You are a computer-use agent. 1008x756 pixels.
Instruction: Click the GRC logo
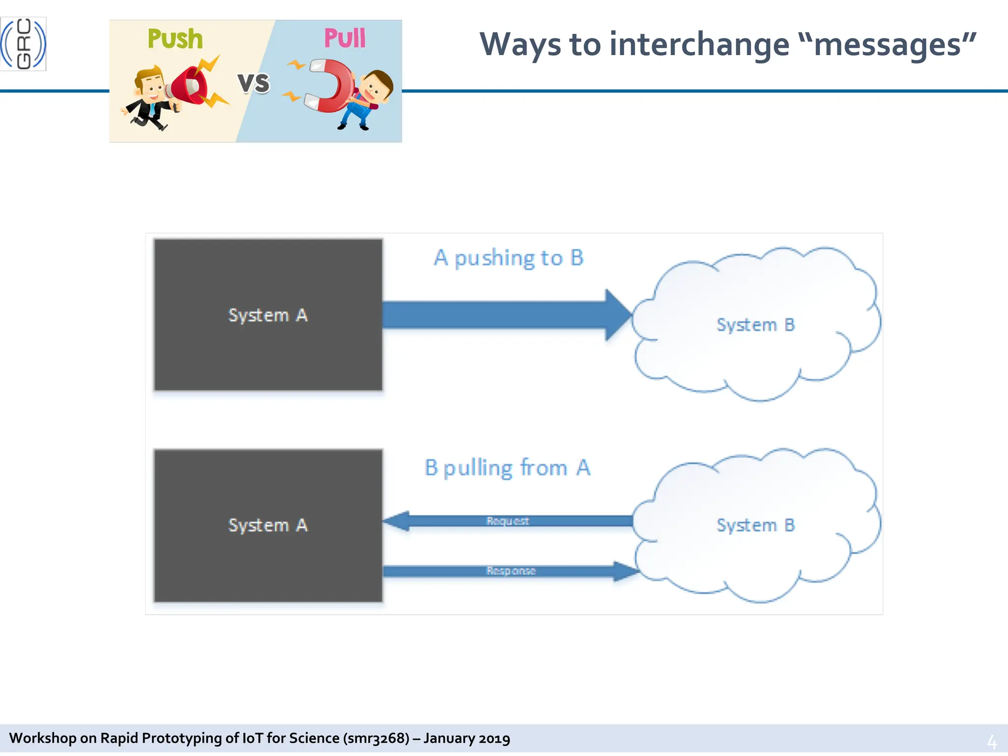click(x=23, y=44)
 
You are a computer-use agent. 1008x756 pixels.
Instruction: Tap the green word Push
click(x=175, y=39)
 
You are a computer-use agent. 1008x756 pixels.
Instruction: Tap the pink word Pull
click(x=345, y=38)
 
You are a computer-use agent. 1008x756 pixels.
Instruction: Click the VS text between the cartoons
click(x=254, y=83)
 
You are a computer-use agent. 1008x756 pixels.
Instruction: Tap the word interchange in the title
click(x=699, y=45)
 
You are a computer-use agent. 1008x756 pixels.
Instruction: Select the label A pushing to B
click(x=509, y=258)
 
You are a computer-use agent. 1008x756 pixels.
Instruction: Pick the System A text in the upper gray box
click(x=268, y=315)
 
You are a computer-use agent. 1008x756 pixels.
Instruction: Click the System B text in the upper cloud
click(x=756, y=325)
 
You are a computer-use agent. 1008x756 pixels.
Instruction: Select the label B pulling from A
click(x=507, y=468)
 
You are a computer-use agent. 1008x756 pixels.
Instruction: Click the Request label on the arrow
click(x=507, y=521)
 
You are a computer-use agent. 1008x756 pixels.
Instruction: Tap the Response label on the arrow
click(x=511, y=571)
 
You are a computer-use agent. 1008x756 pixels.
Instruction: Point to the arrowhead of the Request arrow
click(x=397, y=521)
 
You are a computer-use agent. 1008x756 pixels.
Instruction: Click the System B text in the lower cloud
click(x=756, y=525)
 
